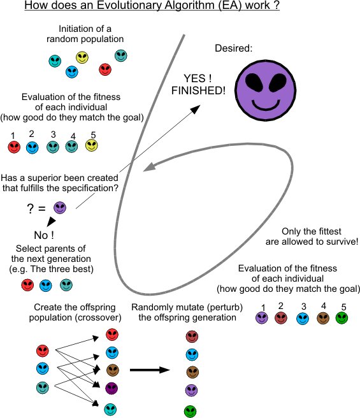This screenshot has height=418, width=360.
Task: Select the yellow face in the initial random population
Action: pyautogui.click(x=82, y=57)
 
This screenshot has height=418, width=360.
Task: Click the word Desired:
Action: pyautogui.click(x=234, y=48)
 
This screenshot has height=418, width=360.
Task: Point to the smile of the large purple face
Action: pyautogui.click(x=266, y=104)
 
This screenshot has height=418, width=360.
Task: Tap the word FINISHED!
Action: pyautogui.click(x=198, y=90)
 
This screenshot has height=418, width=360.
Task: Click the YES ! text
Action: pyautogui.click(x=198, y=78)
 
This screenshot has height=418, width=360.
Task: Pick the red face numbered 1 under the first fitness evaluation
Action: pyautogui.click(x=14, y=147)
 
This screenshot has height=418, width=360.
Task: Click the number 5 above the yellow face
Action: pyautogui.click(x=93, y=135)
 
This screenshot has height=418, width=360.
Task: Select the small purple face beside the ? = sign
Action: pyautogui.click(x=60, y=207)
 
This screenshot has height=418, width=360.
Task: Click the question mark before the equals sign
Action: pyautogui.click(x=30, y=209)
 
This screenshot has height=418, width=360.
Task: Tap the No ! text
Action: pyautogui.click(x=44, y=235)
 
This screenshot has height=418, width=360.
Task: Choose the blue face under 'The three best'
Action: pyautogui.click(x=46, y=285)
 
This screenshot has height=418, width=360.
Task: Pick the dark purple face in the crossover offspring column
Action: pyautogui.click(x=112, y=388)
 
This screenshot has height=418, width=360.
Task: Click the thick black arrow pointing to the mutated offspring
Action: pyautogui.click(x=150, y=370)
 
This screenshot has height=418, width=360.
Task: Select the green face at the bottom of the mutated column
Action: pyautogui.click(x=190, y=412)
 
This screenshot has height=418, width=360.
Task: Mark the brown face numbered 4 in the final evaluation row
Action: pyautogui.click(x=323, y=318)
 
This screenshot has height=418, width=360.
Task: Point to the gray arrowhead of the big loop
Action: pyautogui.click(x=149, y=167)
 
